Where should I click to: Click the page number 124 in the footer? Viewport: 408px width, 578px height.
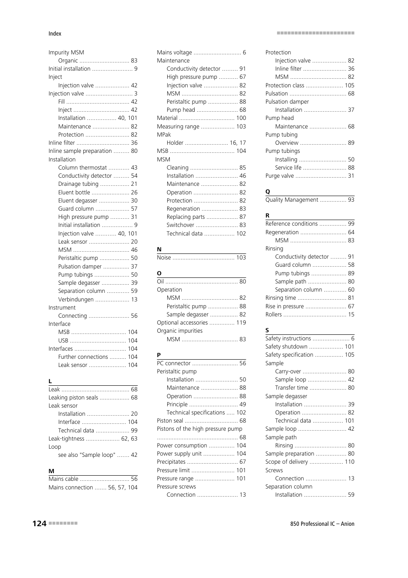pyautogui.click(x=39, y=523)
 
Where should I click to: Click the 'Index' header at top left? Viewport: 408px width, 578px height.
pyautogui.click(x=55, y=33)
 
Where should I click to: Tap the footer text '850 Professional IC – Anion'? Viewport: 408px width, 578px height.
pyautogui.click(x=322, y=524)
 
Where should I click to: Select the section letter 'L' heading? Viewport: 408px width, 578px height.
pyautogui.click(x=50, y=381)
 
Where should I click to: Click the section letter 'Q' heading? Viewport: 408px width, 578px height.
pyautogui.click(x=268, y=191)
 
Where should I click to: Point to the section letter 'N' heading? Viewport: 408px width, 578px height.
pyautogui.click(x=159, y=249)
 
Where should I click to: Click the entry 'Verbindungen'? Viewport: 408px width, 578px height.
pyautogui.click(x=76, y=299)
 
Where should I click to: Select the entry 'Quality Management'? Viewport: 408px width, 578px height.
pyautogui.click(x=292, y=200)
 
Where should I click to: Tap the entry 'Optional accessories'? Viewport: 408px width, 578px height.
pyautogui.click(x=182, y=322)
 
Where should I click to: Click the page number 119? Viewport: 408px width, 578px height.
pyautogui.click(x=241, y=322)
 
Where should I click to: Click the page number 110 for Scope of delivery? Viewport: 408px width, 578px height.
pyautogui.click(x=349, y=462)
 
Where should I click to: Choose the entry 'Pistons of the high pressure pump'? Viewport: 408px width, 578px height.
pyautogui.click(x=199, y=429)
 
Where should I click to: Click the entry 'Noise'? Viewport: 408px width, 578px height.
pyautogui.click(x=164, y=257)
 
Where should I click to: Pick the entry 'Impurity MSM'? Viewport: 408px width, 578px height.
pyautogui.click(x=66, y=52)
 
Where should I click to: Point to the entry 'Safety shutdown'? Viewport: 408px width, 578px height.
pyautogui.click(x=286, y=346)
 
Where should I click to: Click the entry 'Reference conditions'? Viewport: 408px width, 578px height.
pyautogui.click(x=291, y=223)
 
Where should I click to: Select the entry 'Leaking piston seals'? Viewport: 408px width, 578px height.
pyautogui.click(x=73, y=397)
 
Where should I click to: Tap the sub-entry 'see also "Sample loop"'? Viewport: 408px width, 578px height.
pyautogui.click(x=87, y=455)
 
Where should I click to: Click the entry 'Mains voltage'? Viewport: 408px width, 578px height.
pyautogui.click(x=174, y=52)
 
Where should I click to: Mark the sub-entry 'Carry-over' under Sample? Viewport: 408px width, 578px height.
pyautogui.click(x=288, y=371)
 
